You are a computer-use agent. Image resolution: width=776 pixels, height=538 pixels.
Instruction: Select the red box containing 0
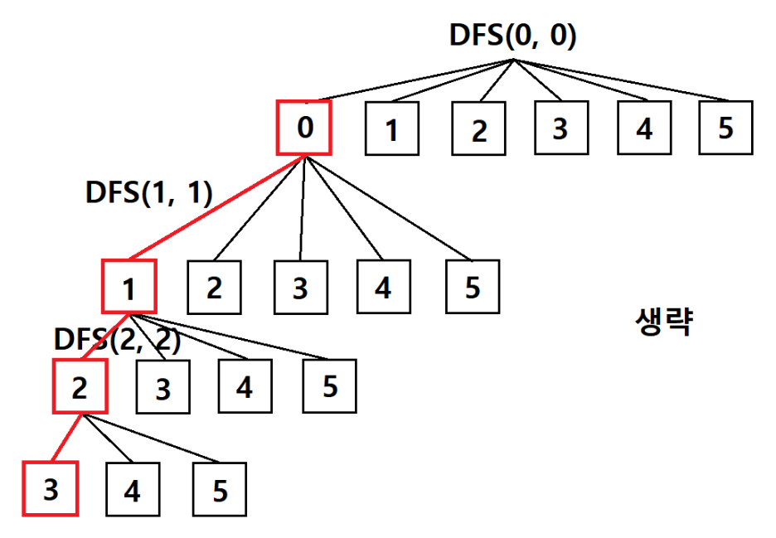tap(303, 128)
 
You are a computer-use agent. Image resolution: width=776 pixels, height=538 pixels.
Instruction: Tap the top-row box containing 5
tap(725, 128)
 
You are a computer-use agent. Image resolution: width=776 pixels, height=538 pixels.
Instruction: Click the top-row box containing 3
tap(560, 128)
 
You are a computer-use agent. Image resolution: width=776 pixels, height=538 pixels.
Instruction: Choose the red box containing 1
tap(129, 287)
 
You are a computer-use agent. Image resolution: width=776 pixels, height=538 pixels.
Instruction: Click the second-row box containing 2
tap(215, 288)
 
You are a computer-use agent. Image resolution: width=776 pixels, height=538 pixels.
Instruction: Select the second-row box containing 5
tap(473, 287)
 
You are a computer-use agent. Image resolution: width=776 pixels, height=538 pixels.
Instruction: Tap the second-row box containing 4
tap(383, 287)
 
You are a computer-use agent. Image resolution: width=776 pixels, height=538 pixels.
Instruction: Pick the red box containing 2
tap(80, 386)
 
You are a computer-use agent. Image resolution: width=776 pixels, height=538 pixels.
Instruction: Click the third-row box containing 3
tap(162, 387)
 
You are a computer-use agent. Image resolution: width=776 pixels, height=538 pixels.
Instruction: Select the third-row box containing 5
tap(329, 386)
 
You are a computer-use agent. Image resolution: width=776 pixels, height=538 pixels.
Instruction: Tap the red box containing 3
tap(50, 489)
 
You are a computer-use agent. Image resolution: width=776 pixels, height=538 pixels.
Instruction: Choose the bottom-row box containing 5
tap(220, 490)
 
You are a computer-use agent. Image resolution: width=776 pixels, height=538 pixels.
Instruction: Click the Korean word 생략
tap(662, 320)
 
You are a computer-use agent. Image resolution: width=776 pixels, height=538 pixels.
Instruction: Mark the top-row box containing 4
tap(643, 128)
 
